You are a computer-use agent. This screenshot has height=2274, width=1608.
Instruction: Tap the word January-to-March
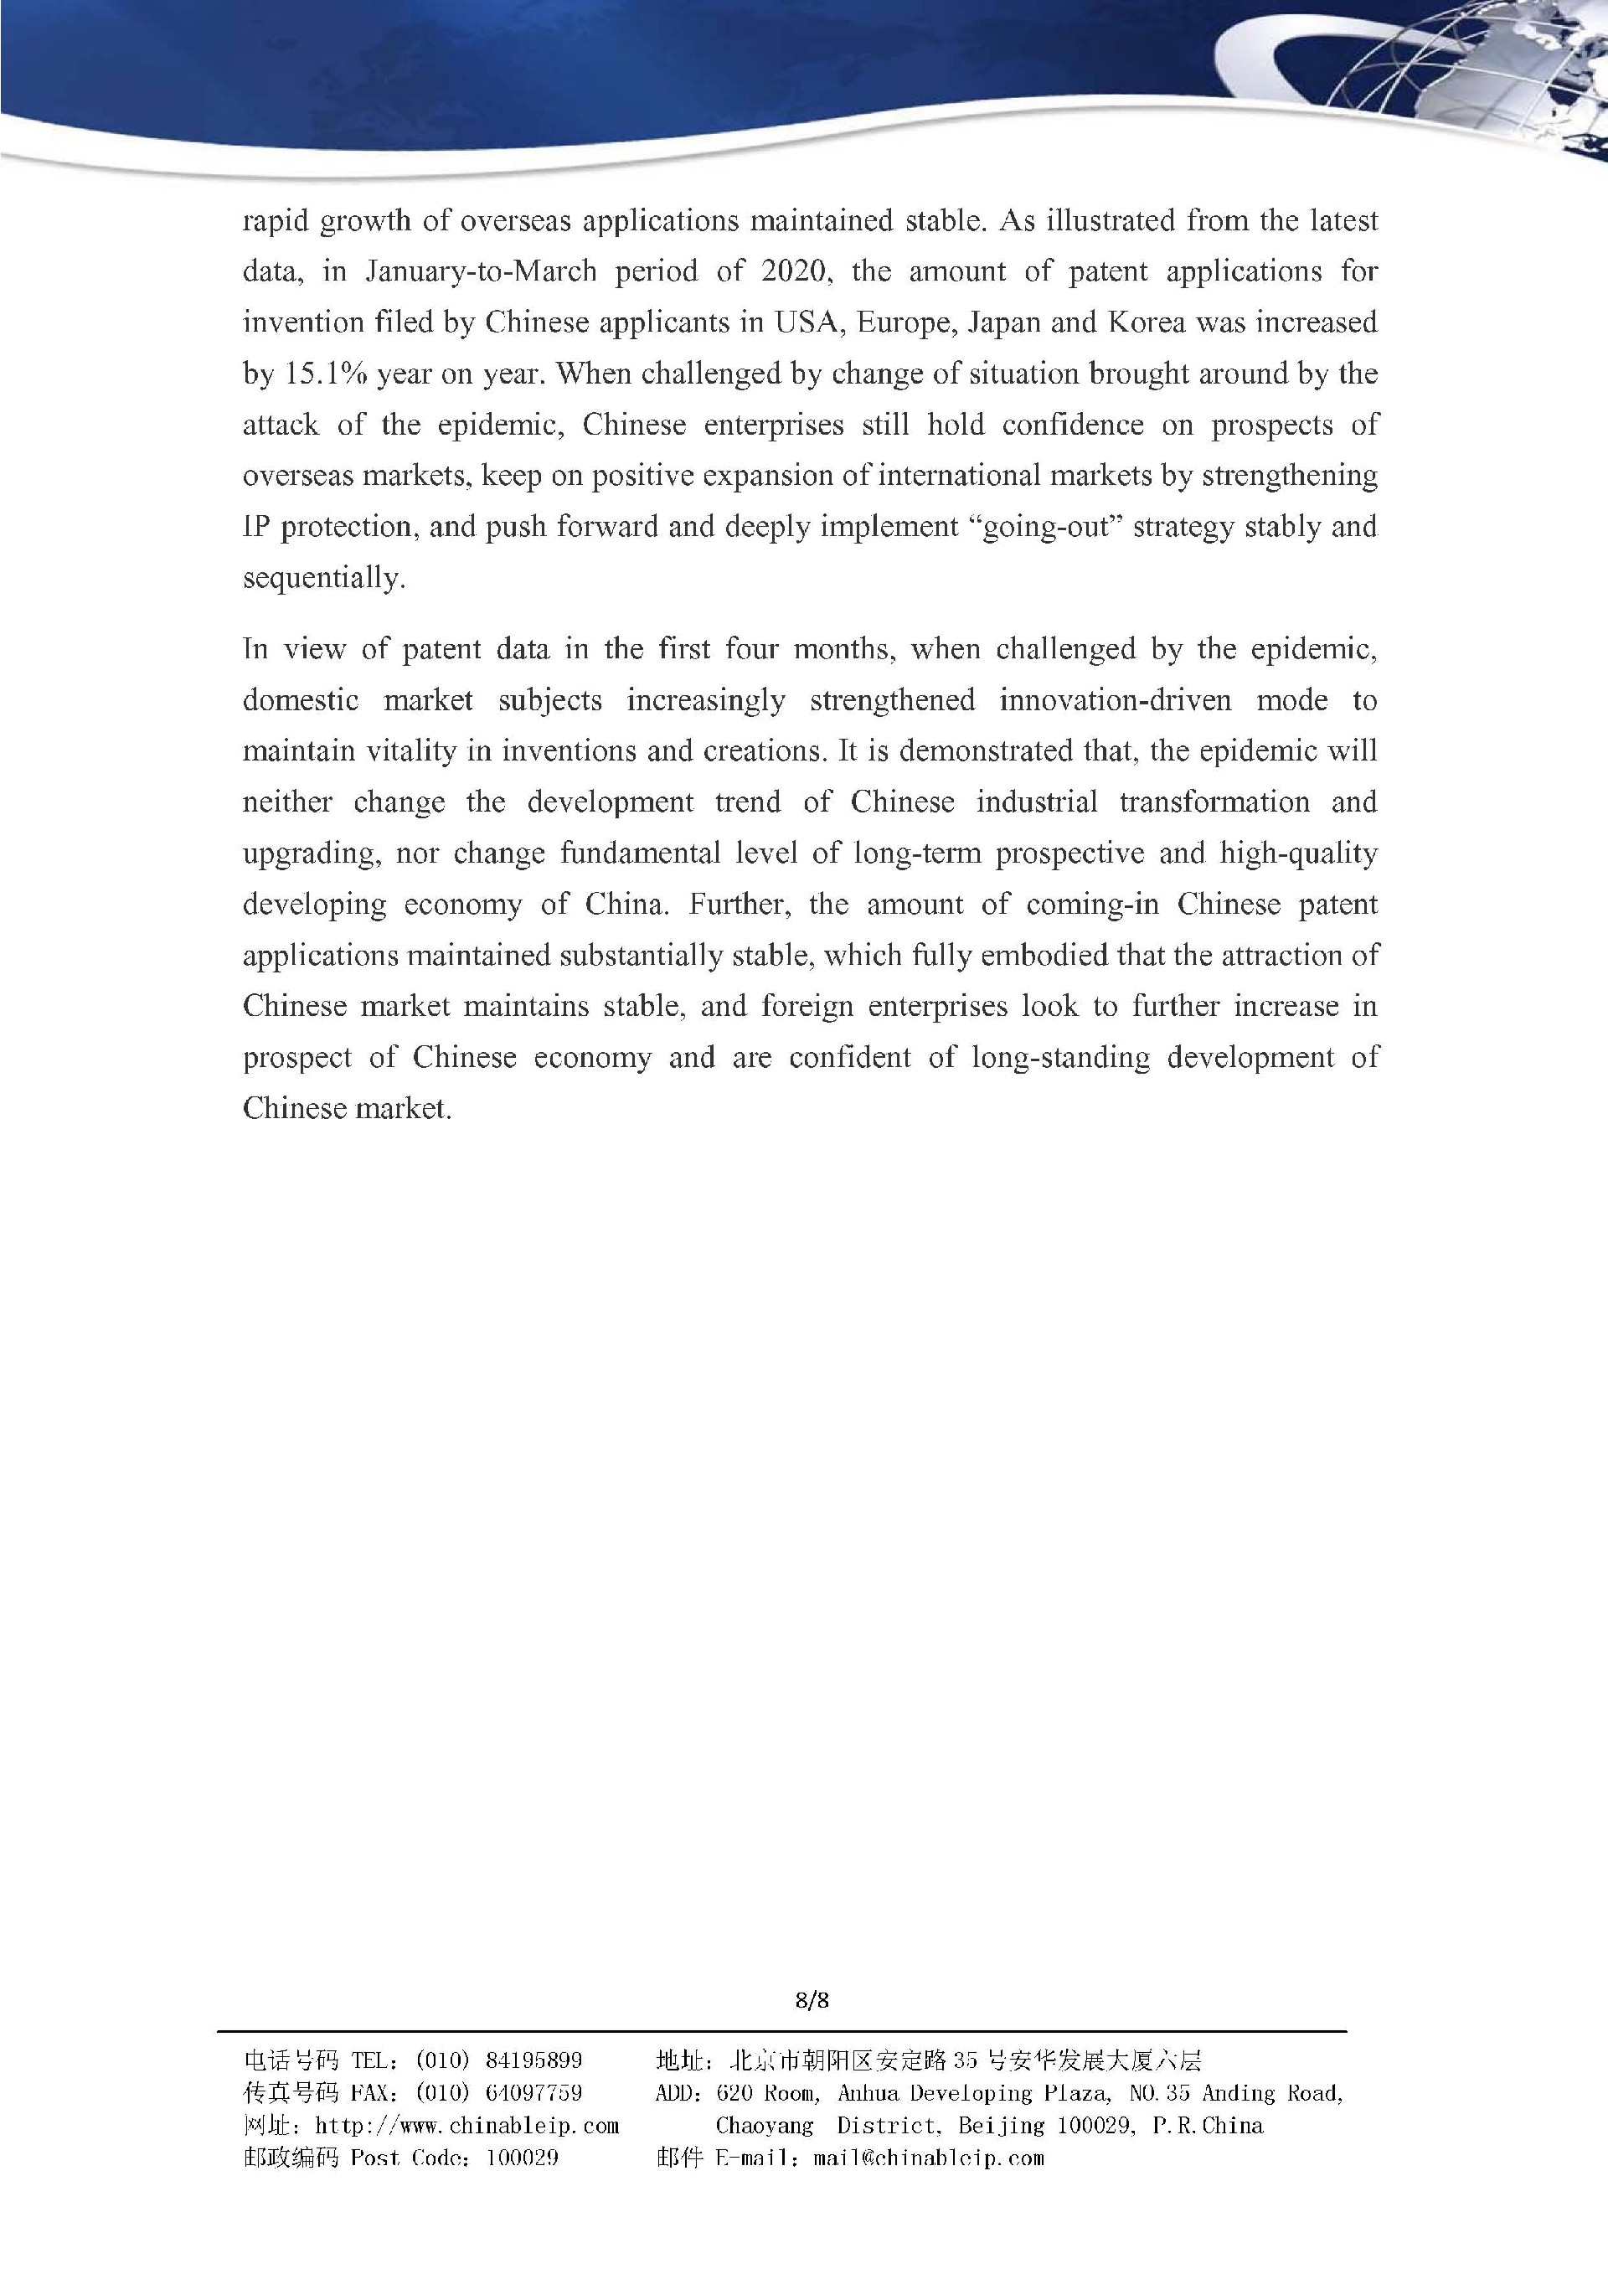pyautogui.click(x=480, y=271)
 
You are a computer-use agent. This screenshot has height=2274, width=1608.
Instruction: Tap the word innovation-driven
pyautogui.click(x=1115, y=701)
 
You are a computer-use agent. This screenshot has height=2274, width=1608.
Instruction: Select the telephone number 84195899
pyautogui.click(x=533, y=2061)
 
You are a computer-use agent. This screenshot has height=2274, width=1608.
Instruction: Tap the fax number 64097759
pyautogui.click(x=533, y=2093)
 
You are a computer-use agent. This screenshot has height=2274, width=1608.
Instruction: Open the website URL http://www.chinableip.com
pyautogui.click(x=466, y=2126)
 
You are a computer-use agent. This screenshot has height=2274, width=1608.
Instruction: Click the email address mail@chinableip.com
pyautogui.click(x=928, y=2158)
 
